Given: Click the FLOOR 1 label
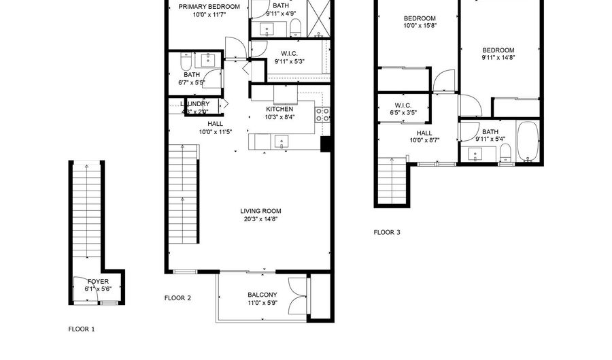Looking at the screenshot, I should [82, 329].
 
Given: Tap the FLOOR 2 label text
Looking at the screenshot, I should [178, 298].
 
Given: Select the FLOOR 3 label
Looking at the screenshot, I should [387, 232].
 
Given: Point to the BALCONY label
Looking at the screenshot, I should [261, 295].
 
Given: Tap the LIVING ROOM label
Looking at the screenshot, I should [260, 211].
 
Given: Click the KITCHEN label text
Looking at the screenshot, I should [279, 109].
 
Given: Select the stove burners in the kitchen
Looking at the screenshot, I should [322, 114].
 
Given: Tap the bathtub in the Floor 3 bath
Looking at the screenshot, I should [528, 142].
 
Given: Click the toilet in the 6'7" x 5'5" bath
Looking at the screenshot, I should [185, 63].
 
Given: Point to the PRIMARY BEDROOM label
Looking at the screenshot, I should [209, 7].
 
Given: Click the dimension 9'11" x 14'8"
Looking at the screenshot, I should [498, 58].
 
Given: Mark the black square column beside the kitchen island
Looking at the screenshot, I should [325, 144].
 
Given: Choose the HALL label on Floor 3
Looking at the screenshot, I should [424, 133].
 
